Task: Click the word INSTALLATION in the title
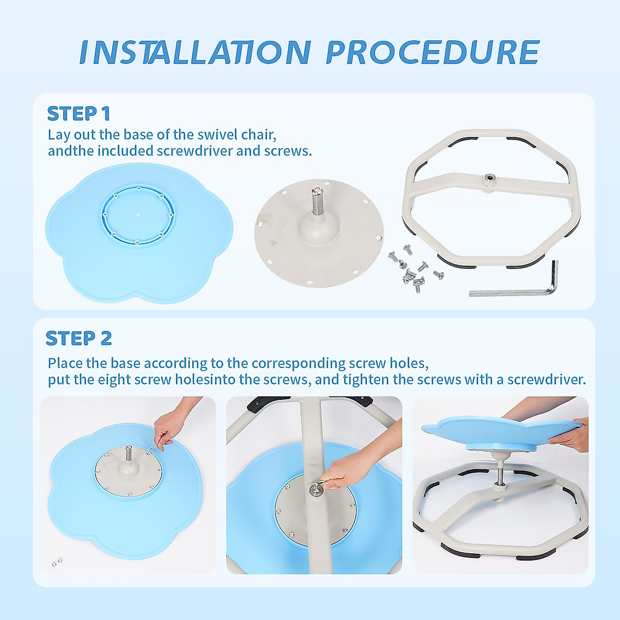pos(195,52)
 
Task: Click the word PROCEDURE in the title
pos(433,52)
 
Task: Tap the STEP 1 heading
pos(79,114)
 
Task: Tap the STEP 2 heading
pos(79,338)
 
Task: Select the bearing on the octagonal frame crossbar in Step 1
pos(490,177)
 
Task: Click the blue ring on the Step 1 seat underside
pos(138,214)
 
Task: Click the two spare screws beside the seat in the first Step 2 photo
pos(57,562)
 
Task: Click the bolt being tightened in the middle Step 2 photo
pos(313,490)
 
